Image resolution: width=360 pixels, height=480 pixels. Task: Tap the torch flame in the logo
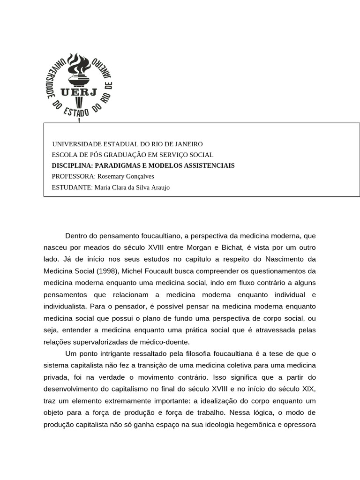click(x=78, y=64)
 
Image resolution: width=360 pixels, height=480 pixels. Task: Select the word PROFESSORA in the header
click(x=73, y=176)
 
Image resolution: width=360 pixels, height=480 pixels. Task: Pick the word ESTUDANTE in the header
click(x=72, y=187)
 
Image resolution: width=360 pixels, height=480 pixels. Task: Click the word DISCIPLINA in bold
click(x=72, y=165)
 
